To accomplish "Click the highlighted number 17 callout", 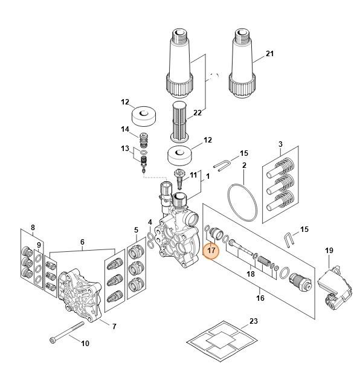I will (212, 249).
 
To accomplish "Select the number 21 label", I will (269, 54).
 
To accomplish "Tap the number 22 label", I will (197, 113).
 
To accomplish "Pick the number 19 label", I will (329, 251).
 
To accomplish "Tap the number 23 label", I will (252, 321).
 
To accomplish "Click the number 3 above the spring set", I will (280, 144).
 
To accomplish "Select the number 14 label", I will (125, 129).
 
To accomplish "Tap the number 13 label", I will (125, 149).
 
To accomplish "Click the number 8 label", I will (33, 228).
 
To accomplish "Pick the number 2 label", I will (243, 165).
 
